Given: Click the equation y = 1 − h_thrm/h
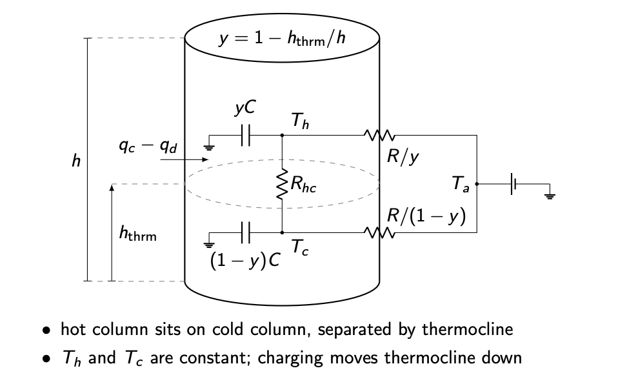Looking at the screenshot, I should [x=282, y=38].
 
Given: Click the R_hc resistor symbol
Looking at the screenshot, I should [x=282, y=185].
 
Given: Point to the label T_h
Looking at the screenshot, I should [x=300, y=121].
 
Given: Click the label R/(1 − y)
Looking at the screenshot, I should [x=426, y=216].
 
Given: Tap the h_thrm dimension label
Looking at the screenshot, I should [x=138, y=235].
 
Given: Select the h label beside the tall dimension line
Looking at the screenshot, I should [x=75, y=160].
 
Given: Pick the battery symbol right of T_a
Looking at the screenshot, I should [x=513, y=184].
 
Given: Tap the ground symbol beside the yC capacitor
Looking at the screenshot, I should [x=208, y=147].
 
